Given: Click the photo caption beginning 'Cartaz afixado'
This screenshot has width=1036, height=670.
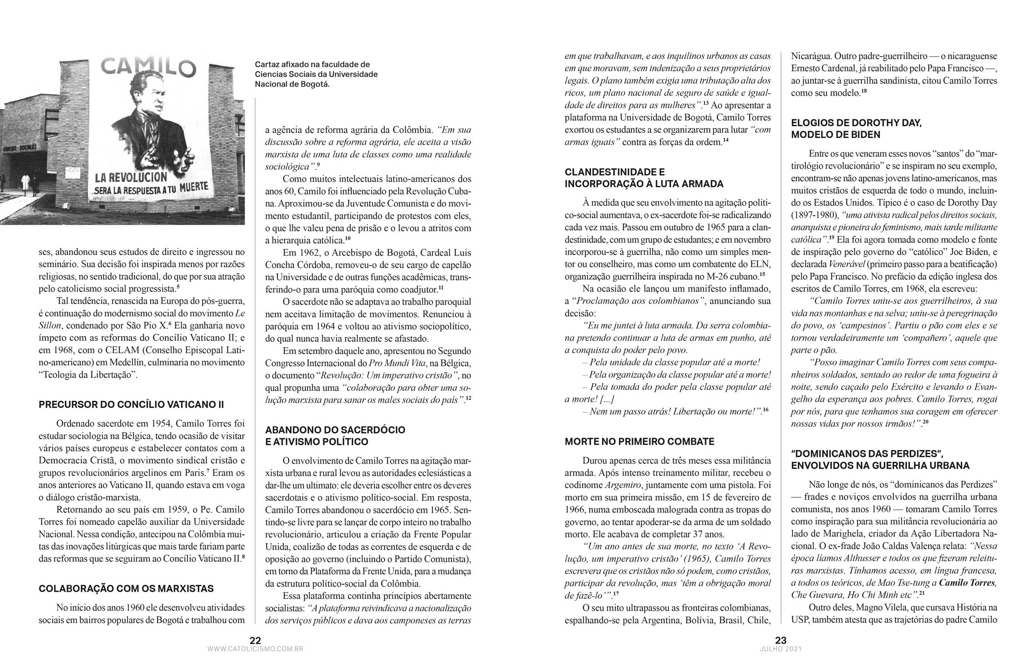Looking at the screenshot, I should tap(316, 74).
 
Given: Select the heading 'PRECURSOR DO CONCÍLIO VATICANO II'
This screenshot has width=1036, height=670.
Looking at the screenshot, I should tap(131, 405).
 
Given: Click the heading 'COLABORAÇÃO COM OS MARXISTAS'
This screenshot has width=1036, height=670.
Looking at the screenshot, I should tap(126, 588).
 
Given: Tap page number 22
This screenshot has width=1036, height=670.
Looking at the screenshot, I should tap(255, 640).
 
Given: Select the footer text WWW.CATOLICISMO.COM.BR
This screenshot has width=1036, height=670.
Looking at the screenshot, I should tap(255, 649).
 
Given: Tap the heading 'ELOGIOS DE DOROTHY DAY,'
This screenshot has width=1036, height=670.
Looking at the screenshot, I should tap(856, 123).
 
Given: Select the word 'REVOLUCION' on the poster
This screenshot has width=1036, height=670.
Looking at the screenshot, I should tap(132, 177).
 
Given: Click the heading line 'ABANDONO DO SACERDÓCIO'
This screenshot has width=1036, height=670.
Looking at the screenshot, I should tap(335, 430).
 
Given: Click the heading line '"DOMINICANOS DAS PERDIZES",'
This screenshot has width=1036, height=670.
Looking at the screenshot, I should tap(866, 454).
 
